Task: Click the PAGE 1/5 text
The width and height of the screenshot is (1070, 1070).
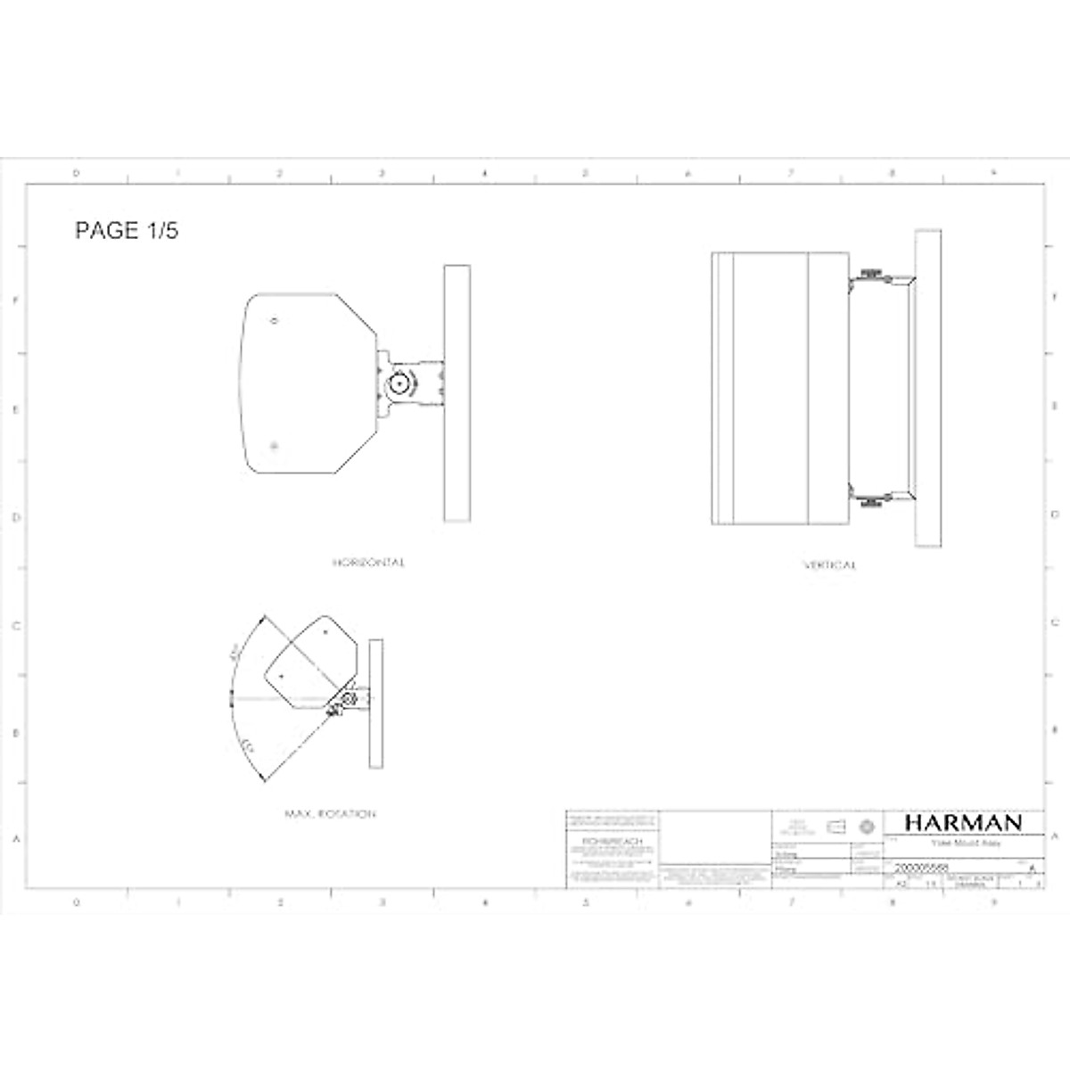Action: [127, 231]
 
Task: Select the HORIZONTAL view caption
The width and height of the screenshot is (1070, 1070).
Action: [368, 563]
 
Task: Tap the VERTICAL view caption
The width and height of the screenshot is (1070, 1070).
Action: [829, 565]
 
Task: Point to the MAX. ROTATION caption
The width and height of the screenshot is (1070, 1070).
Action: [330, 814]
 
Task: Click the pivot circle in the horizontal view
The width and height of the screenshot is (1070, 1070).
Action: [399, 384]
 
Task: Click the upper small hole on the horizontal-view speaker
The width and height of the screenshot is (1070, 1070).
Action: [275, 321]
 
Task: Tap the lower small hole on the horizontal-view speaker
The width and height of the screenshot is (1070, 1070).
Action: [275, 446]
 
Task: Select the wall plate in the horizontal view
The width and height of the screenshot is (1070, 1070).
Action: [457, 392]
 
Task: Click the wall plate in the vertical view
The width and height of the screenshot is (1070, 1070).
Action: [927, 388]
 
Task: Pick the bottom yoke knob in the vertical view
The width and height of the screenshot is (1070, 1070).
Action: [872, 502]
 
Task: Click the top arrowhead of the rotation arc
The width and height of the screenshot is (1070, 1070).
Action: [261, 617]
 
